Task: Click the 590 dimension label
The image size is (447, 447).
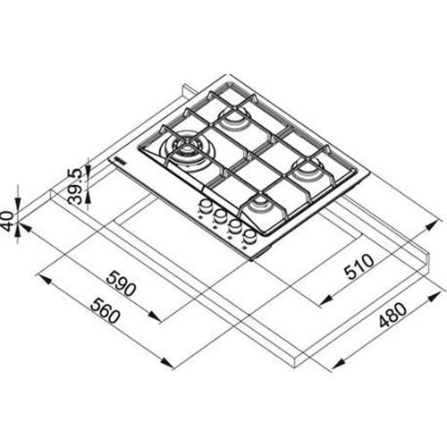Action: (122, 283)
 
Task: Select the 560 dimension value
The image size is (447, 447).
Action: (105, 311)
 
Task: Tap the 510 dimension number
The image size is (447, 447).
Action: (358, 266)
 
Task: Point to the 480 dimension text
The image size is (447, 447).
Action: (392, 315)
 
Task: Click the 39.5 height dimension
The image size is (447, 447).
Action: (74, 187)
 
